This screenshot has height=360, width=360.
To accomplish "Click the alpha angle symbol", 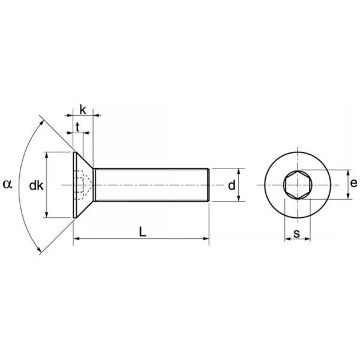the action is point(7,184).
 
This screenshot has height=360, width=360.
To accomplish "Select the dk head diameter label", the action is point(36,185).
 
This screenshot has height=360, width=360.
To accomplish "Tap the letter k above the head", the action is point(83,110).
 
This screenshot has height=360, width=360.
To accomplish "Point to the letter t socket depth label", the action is point(77,127).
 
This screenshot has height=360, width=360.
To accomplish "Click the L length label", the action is point(143,232).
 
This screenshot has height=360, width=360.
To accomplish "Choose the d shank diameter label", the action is point(232,185).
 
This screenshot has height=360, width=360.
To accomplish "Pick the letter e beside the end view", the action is point(354,183).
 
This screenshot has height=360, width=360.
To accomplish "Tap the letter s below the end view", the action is point(296,234).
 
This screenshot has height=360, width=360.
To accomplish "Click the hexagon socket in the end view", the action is point(298,185).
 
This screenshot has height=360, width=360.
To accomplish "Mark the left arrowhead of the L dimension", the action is point(76,239).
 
